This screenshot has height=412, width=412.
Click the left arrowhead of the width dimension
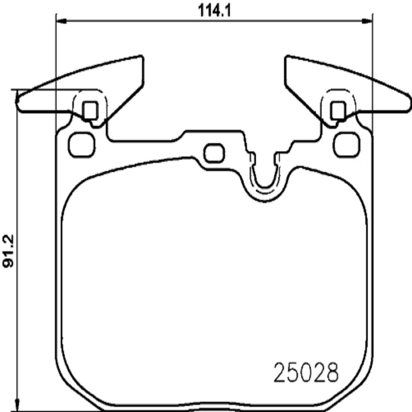[x=59, y=21]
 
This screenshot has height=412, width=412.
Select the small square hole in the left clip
[x=90, y=110]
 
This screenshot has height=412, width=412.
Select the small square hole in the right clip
[x=338, y=110]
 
